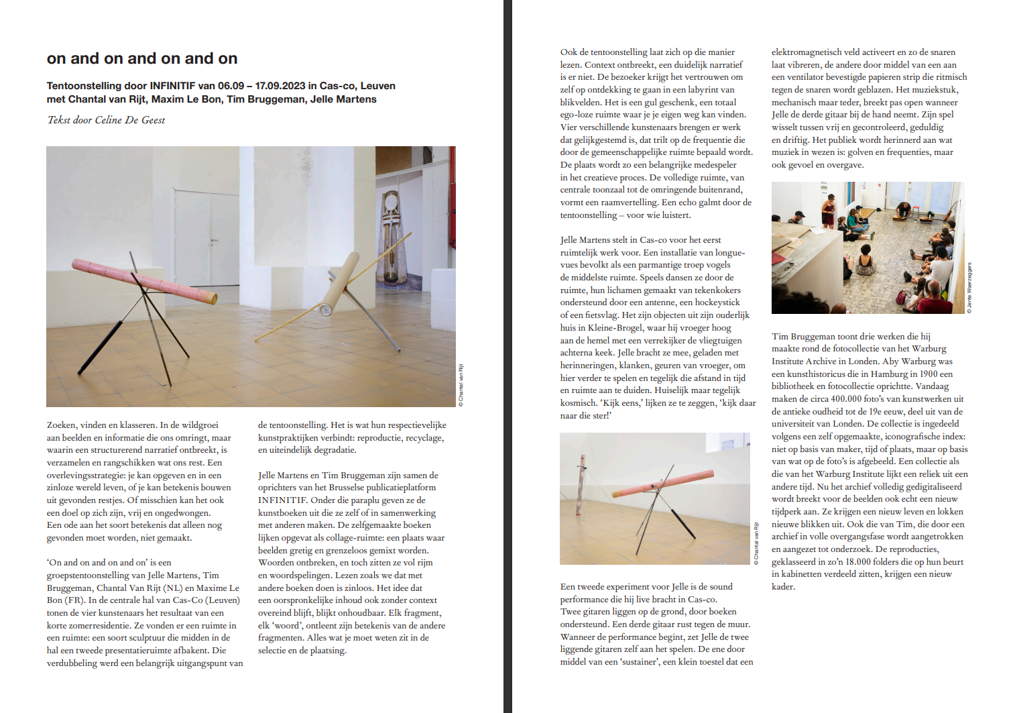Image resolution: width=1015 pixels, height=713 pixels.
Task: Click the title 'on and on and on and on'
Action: click(x=142, y=58)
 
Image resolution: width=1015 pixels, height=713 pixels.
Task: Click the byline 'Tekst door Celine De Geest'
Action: click(x=106, y=120)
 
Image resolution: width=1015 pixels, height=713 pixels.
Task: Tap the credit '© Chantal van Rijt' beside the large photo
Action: click(x=461, y=385)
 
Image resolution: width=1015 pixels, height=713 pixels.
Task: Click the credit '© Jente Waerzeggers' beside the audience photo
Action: click(x=969, y=287)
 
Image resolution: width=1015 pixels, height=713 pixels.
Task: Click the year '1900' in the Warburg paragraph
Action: click(x=929, y=374)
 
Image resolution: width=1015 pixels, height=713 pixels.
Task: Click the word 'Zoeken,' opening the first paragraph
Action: click(x=62, y=425)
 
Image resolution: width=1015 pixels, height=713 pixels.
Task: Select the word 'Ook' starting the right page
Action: click(x=569, y=52)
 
